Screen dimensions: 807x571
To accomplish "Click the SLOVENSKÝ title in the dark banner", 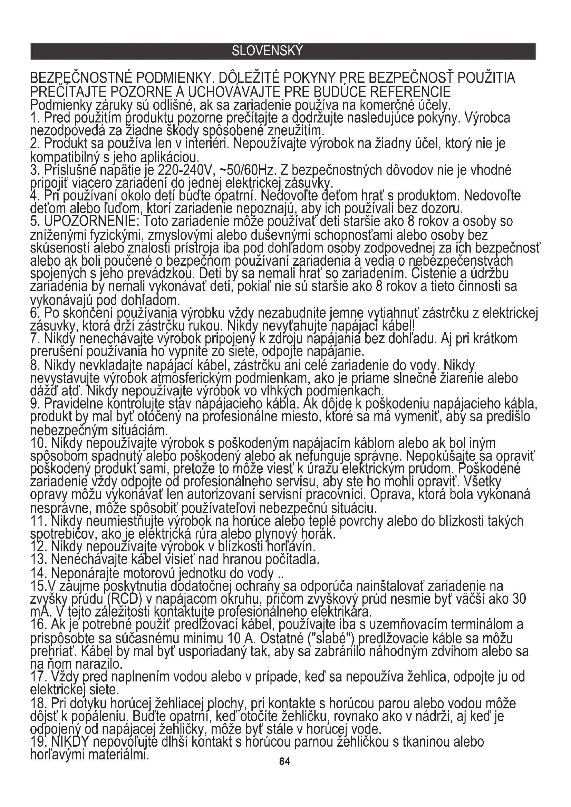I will [x=267, y=51].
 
